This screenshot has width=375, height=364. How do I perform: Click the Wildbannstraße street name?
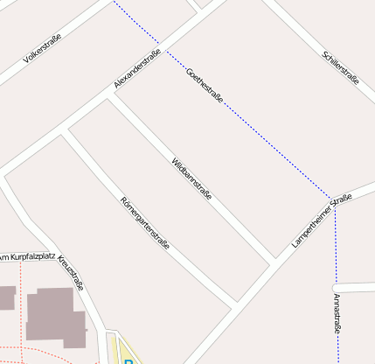(x=191, y=178)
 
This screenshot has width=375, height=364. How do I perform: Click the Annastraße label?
(x=337, y=314)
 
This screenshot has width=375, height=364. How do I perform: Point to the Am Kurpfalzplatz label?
(x=28, y=257)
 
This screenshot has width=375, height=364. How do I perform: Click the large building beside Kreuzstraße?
(x=57, y=316)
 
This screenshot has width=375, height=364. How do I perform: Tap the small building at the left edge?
(x=6, y=297)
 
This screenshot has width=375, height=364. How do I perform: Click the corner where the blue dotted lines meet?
(x=332, y=199)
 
